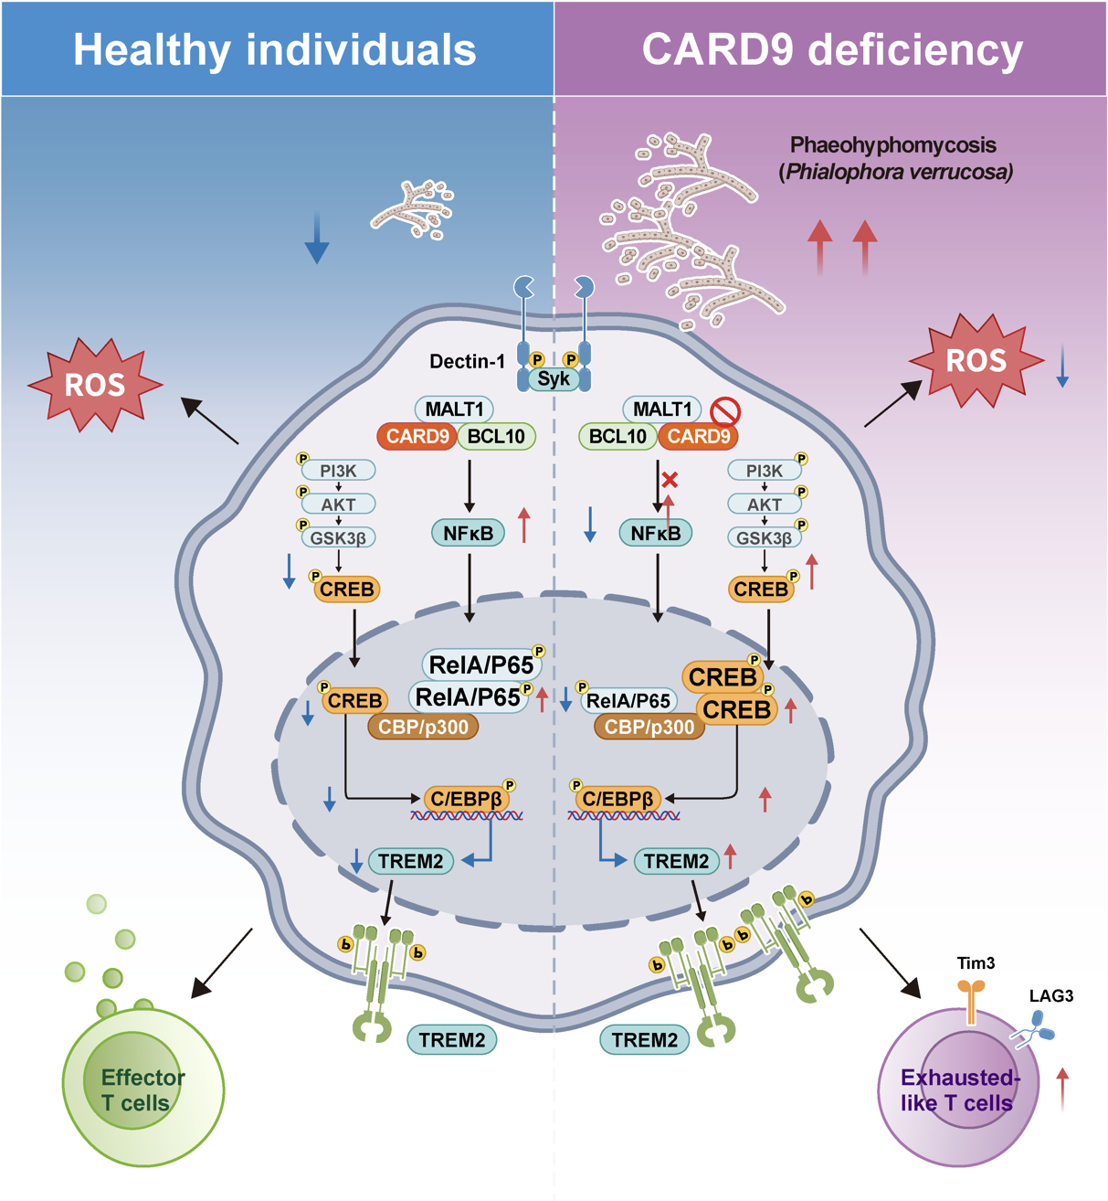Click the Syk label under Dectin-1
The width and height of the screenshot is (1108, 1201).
[x=554, y=378]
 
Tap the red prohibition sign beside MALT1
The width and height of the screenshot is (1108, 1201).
[x=725, y=411]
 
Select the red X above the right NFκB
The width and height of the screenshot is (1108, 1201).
[x=670, y=479]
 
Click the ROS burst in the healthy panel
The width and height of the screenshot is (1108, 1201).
[x=95, y=385]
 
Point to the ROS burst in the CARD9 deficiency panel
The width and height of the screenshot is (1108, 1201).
[x=976, y=361]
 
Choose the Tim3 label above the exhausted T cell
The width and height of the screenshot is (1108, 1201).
[x=976, y=963]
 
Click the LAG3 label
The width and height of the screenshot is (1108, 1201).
[x=1051, y=996]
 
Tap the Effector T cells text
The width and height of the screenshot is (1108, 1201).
[x=142, y=1090]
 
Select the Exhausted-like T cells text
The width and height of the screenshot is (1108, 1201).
[x=958, y=1090]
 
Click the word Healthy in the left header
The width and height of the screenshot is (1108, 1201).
[x=150, y=49]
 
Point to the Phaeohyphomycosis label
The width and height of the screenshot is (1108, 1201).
[x=892, y=145]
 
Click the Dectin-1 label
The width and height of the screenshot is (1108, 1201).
[x=467, y=362]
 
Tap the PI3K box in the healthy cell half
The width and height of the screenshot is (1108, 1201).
[x=338, y=471]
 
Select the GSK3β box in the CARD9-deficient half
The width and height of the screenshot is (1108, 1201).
[x=764, y=537]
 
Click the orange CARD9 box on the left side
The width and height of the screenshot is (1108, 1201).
[x=417, y=436]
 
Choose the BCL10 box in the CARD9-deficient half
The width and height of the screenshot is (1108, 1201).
[x=617, y=436]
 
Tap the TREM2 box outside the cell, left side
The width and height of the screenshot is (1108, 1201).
[x=452, y=1039]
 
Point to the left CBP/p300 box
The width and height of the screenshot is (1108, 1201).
[x=423, y=727]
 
